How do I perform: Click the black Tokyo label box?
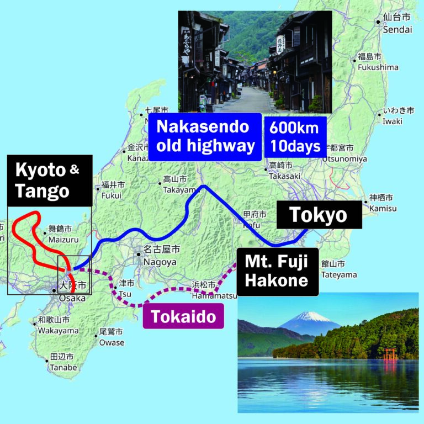click(319, 215)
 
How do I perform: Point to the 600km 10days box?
click(295, 136)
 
